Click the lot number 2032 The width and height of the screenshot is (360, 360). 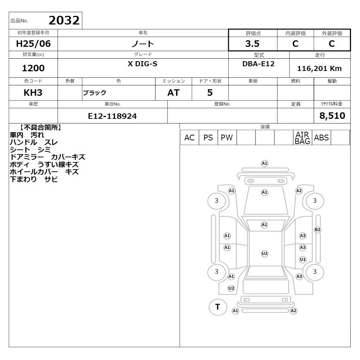(64, 21)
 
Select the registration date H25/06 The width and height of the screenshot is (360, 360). (33, 44)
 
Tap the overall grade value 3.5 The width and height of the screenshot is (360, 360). (252, 44)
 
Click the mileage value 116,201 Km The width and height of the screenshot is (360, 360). (319, 68)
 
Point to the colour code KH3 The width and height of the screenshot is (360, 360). (33, 93)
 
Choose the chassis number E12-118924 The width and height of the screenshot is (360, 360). (112, 116)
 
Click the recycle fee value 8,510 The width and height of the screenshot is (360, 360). (332, 116)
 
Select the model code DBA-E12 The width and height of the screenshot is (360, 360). (258, 64)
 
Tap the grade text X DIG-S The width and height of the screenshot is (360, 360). (143, 64)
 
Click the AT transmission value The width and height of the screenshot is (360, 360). (174, 93)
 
